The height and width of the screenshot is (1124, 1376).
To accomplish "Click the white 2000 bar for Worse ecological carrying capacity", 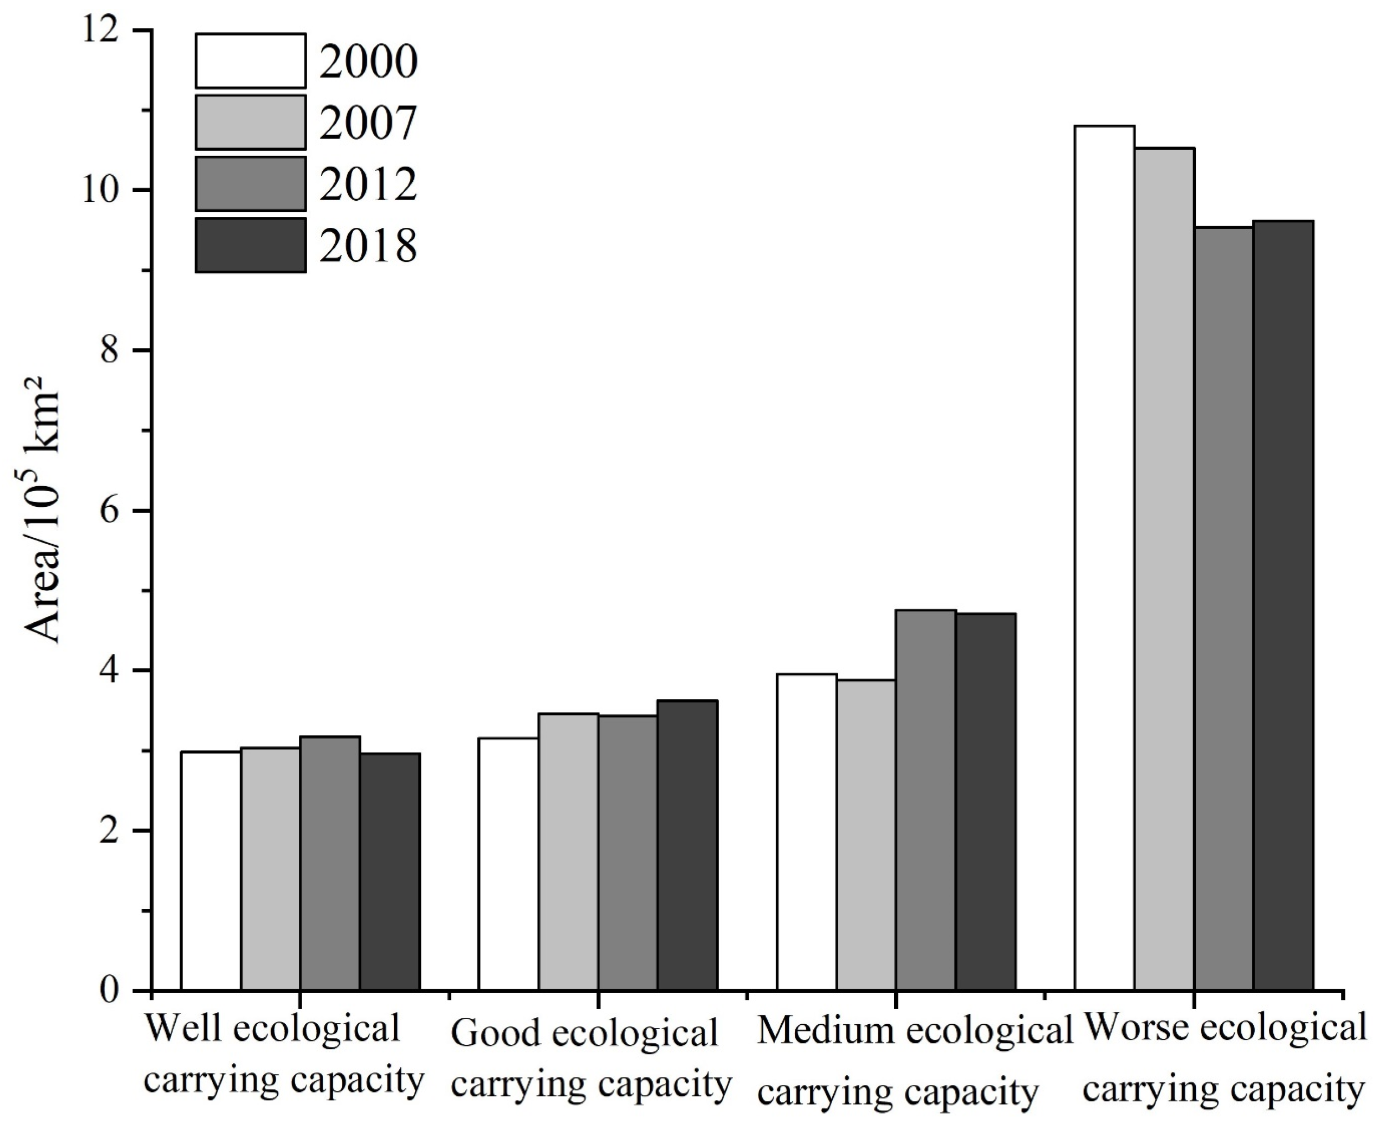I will tap(1104, 557).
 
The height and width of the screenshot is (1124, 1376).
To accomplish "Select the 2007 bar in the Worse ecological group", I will tap(1164, 570).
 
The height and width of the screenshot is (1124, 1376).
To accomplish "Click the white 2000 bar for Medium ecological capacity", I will tap(807, 832).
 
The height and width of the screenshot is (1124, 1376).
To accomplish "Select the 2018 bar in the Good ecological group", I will tap(687, 845).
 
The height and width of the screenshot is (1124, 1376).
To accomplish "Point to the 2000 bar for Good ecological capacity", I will tap(508, 864).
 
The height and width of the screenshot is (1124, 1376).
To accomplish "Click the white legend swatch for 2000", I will tap(251, 61).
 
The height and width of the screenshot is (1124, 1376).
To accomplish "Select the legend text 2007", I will tap(368, 123).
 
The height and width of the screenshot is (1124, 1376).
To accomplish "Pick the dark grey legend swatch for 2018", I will tap(251, 245).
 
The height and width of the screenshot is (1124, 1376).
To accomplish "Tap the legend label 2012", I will tap(368, 184).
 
